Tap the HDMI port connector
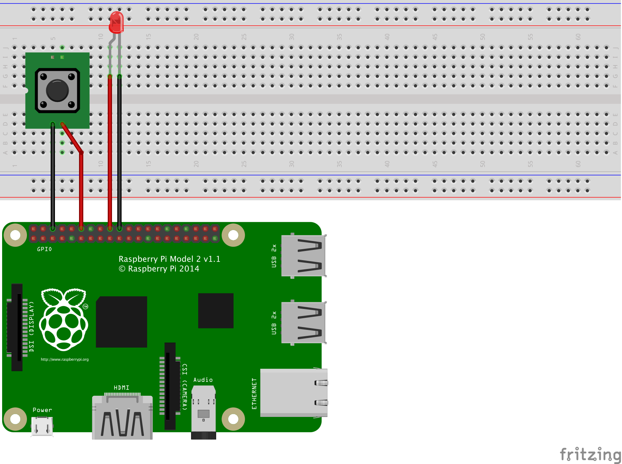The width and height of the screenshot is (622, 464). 122,418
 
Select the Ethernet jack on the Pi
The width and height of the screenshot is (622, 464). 294,393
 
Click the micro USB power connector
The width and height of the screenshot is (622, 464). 42,426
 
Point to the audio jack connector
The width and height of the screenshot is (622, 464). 203,412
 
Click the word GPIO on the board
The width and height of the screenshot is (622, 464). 44,249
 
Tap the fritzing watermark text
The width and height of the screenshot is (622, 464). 590,454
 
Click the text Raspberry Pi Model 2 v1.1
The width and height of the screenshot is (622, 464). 169,259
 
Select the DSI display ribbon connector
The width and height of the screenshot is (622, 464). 17,327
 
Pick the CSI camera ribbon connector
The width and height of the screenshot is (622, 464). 170,386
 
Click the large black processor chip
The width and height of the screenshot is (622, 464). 122,322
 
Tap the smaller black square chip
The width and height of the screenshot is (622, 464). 215,310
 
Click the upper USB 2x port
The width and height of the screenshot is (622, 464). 303,255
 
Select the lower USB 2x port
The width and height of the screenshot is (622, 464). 303,322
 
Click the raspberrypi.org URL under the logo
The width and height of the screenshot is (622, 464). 65,359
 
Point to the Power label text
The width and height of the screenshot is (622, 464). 42,410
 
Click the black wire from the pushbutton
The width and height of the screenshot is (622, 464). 53,177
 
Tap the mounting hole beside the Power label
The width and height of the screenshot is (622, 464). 15,419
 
